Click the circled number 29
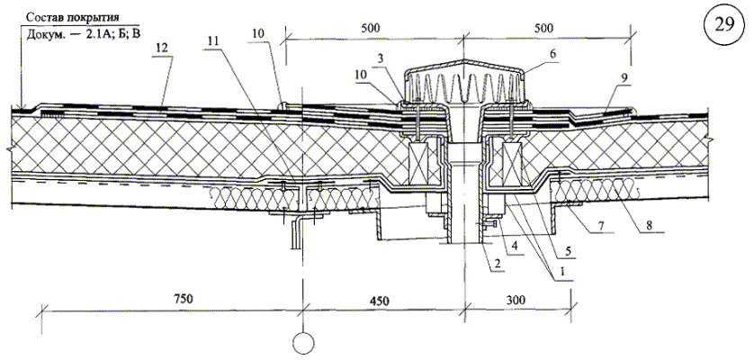coord(724,25)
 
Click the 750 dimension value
coord(184,300)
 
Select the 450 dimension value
coord(378,301)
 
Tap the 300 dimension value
coord(516,301)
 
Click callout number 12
coord(163,48)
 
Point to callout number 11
coord(212,41)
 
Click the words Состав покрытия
coord(73,17)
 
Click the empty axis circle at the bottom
coord(303,343)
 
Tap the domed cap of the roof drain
coord(464,82)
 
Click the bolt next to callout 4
coord(490,223)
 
